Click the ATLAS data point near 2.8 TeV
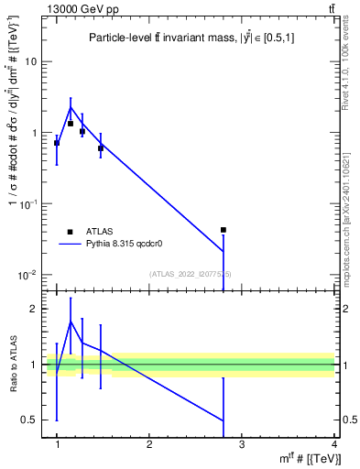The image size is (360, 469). tap(224, 230)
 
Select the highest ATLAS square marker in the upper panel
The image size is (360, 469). tap(71, 123)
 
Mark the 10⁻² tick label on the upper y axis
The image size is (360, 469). tap(29, 275)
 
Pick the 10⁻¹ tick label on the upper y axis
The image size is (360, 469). tap(29, 203)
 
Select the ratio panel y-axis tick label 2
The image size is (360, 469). tap(35, 309)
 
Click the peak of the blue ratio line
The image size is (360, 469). tap(71, 322)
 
